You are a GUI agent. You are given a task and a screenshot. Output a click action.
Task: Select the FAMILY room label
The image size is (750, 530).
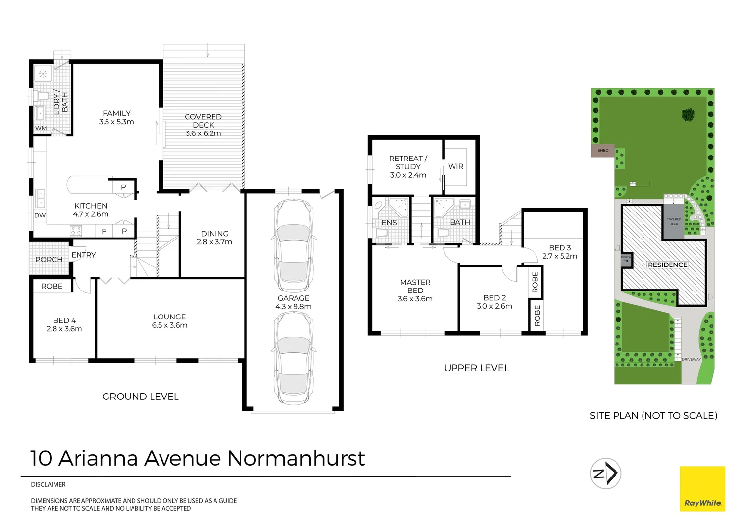click(x=116, y=113)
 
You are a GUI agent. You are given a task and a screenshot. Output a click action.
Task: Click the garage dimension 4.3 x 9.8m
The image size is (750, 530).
click(x=294, y=307)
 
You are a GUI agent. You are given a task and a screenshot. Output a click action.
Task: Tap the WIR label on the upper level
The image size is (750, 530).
click(x=455, y=166)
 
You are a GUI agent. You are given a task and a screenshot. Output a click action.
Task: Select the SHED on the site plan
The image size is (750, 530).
click(x=603, y=151)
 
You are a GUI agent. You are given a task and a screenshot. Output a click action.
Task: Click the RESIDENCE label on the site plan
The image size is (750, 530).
click(x=668, y=265)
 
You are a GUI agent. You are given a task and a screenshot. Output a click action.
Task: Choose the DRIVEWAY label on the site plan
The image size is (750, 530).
click(x=691, y=359)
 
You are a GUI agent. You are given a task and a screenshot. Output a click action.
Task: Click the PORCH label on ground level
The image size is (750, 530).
click(x=49, y=259)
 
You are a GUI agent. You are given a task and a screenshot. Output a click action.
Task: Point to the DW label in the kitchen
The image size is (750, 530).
click(x=40, y=215)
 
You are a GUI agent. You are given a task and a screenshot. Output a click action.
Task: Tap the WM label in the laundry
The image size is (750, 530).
click(x=41, y=129)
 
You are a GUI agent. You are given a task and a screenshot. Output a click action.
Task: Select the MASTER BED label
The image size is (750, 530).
click(x=415, y=286)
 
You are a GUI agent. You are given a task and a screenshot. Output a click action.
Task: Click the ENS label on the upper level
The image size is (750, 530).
click(x=389, y=223)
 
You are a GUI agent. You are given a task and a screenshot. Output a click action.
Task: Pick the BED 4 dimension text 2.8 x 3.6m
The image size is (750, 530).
click(x=64, y=329)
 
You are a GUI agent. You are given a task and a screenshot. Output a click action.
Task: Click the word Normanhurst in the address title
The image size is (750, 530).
click(x=296, y=458)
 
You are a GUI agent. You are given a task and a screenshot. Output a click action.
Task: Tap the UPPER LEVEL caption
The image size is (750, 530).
click(x=476, y=368)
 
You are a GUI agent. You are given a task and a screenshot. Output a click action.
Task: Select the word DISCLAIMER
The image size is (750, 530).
click(x=48, y=485)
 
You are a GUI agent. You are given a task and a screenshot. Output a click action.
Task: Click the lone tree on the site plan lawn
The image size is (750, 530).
click(x=688, y=115)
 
